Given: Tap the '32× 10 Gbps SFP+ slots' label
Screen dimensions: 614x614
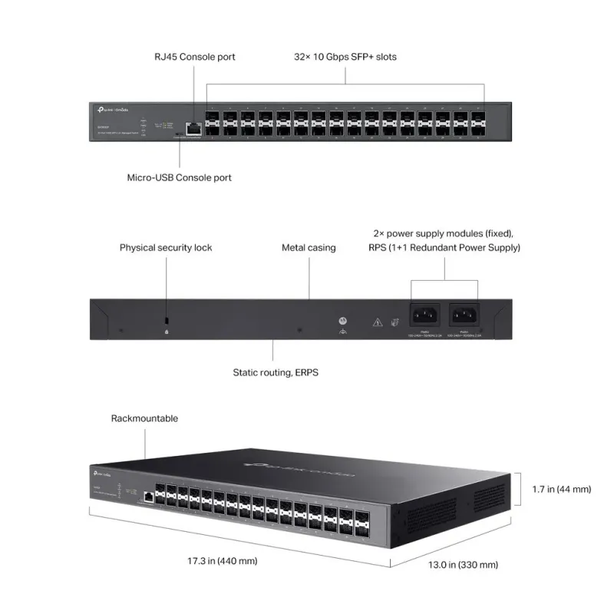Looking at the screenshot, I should (345, 57).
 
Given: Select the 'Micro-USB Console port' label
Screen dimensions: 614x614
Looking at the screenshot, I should (179, 177).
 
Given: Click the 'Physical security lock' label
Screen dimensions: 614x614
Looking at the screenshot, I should (166, 248).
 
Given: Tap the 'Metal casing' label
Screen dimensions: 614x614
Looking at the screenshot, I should (309, 248).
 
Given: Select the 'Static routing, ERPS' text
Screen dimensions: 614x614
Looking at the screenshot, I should (276, 372).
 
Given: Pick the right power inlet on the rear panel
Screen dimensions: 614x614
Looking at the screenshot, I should (465, 314).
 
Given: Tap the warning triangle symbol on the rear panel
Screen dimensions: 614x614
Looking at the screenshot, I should (377, 323).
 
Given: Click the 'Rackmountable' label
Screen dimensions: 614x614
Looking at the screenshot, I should (144, 418).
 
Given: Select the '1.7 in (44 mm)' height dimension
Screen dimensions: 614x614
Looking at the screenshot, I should (563, 488).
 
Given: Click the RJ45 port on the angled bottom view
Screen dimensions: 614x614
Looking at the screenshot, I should (146, 497).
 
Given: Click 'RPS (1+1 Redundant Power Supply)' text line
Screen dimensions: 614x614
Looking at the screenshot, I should (444, 248).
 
